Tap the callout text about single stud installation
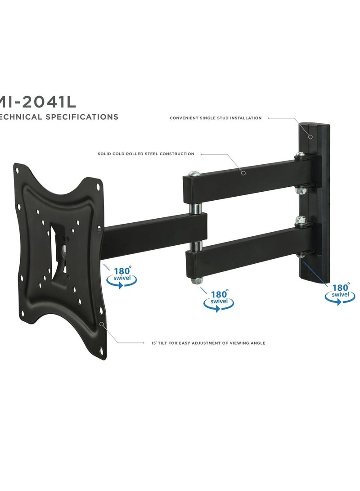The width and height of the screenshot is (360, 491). [x=216, y=118]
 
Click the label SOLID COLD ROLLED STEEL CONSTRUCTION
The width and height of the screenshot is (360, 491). [x=146, y=154]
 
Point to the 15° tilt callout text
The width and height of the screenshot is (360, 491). [x=208, y=343]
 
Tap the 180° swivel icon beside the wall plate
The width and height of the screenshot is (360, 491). [x=340, y=293]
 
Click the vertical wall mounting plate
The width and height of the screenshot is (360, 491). [x=315, y=198]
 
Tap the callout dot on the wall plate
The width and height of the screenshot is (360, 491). [x=310, y=136]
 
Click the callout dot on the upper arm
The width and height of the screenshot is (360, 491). [x=243, y=172]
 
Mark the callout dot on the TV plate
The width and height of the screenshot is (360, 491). [x=102, y=323]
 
